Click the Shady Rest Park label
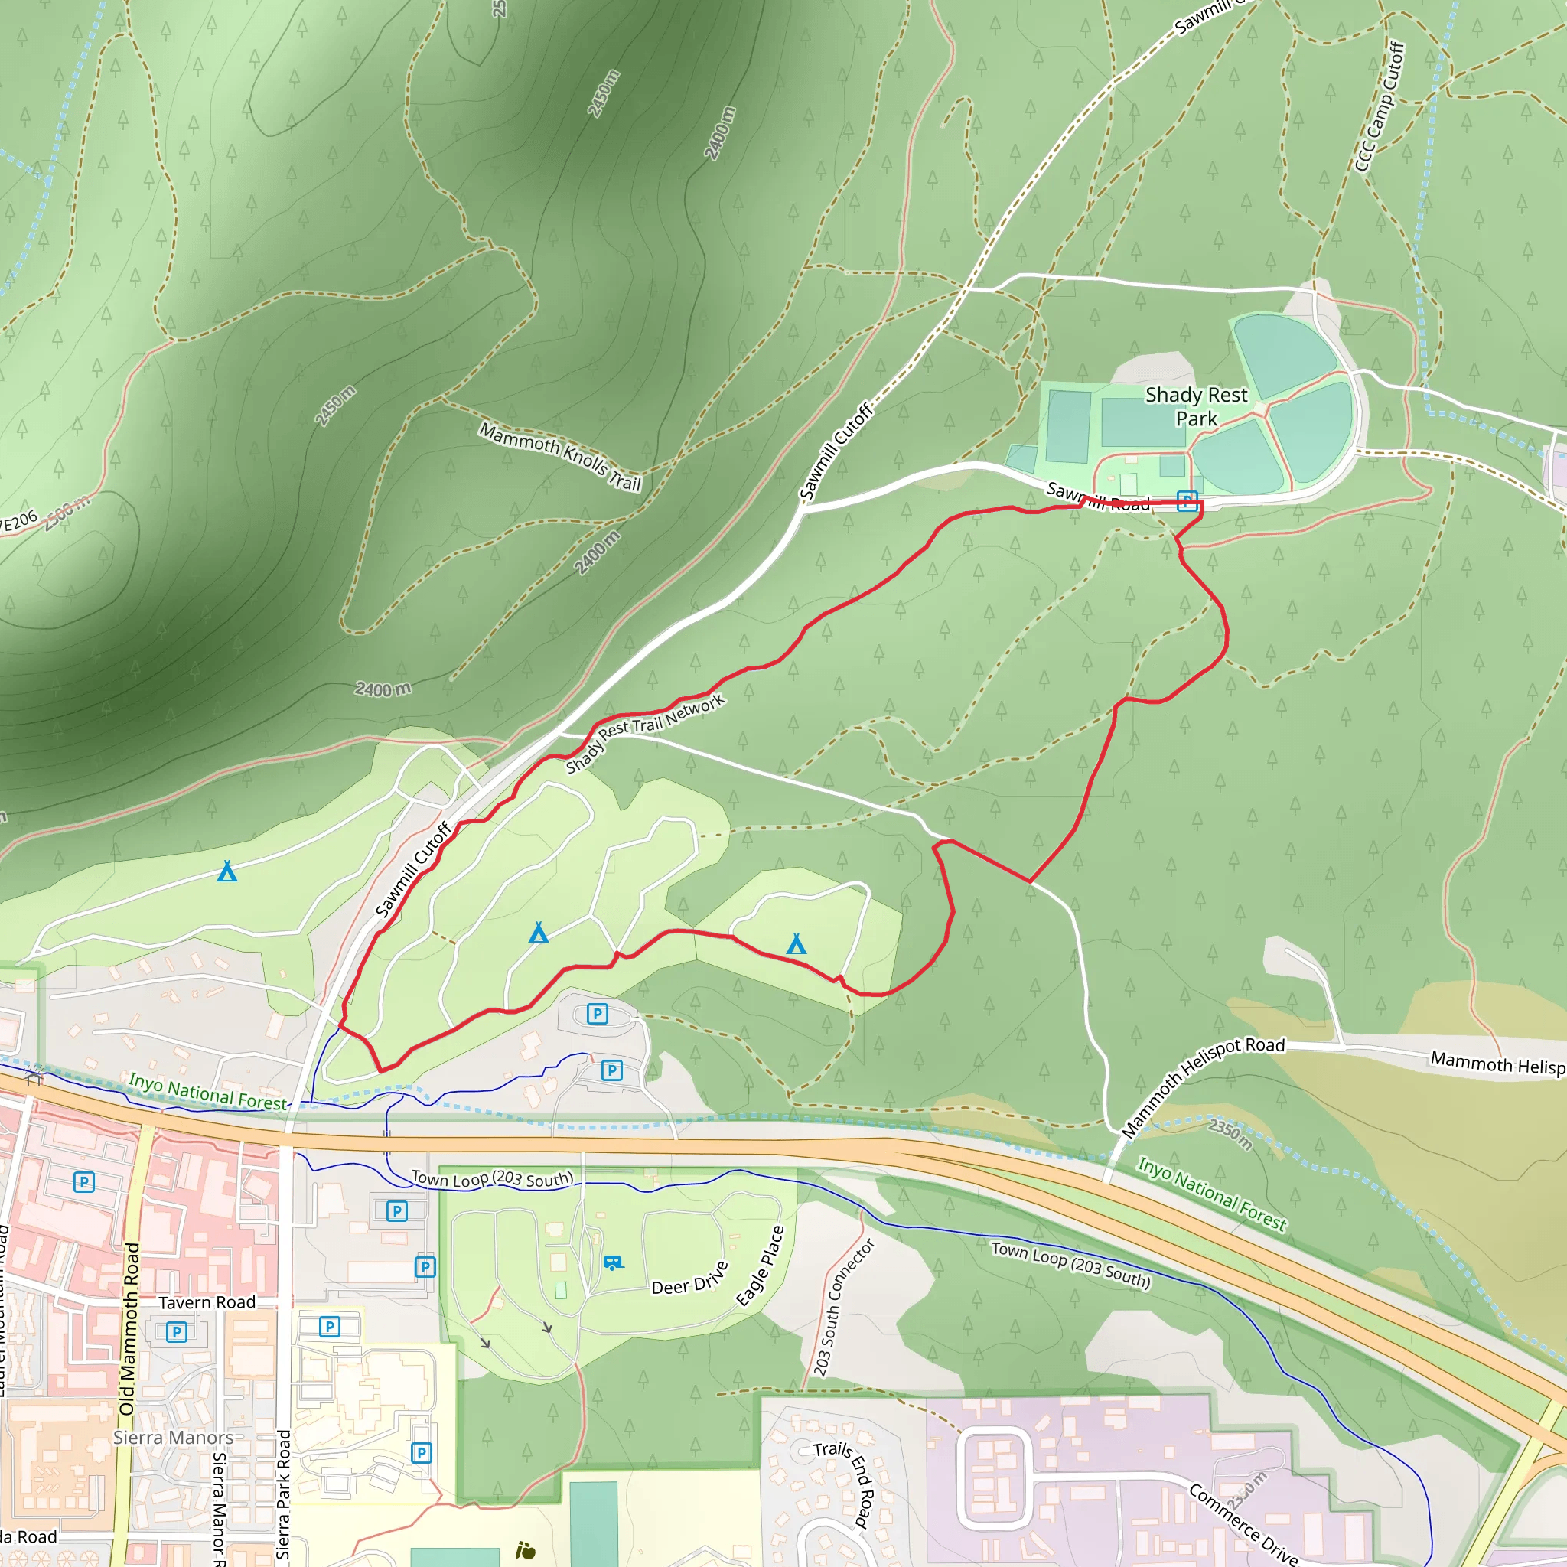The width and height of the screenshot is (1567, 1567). tap(1196, 406)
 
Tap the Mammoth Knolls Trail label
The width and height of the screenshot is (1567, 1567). tap(559, 457)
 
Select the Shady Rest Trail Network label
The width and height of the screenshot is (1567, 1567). tap(645, 733)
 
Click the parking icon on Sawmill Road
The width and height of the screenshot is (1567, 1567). tap(1187, 500)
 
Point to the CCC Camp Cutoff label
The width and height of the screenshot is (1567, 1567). tap(1380, 107)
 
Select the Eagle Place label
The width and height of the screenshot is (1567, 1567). tap(760, 1266)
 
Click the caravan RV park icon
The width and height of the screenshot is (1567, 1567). tap(613, 1262)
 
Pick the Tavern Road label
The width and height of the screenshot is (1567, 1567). tap(206, 1302)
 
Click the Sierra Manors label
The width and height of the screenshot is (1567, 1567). tap(173, 1437)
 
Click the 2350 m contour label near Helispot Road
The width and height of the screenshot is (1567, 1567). tap(1230, 1134)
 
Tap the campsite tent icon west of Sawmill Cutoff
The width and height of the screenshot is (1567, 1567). tap(227, 872)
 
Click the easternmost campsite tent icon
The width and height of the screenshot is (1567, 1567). tap(797, 943)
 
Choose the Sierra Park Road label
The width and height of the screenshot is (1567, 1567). tap(282, 1494)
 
